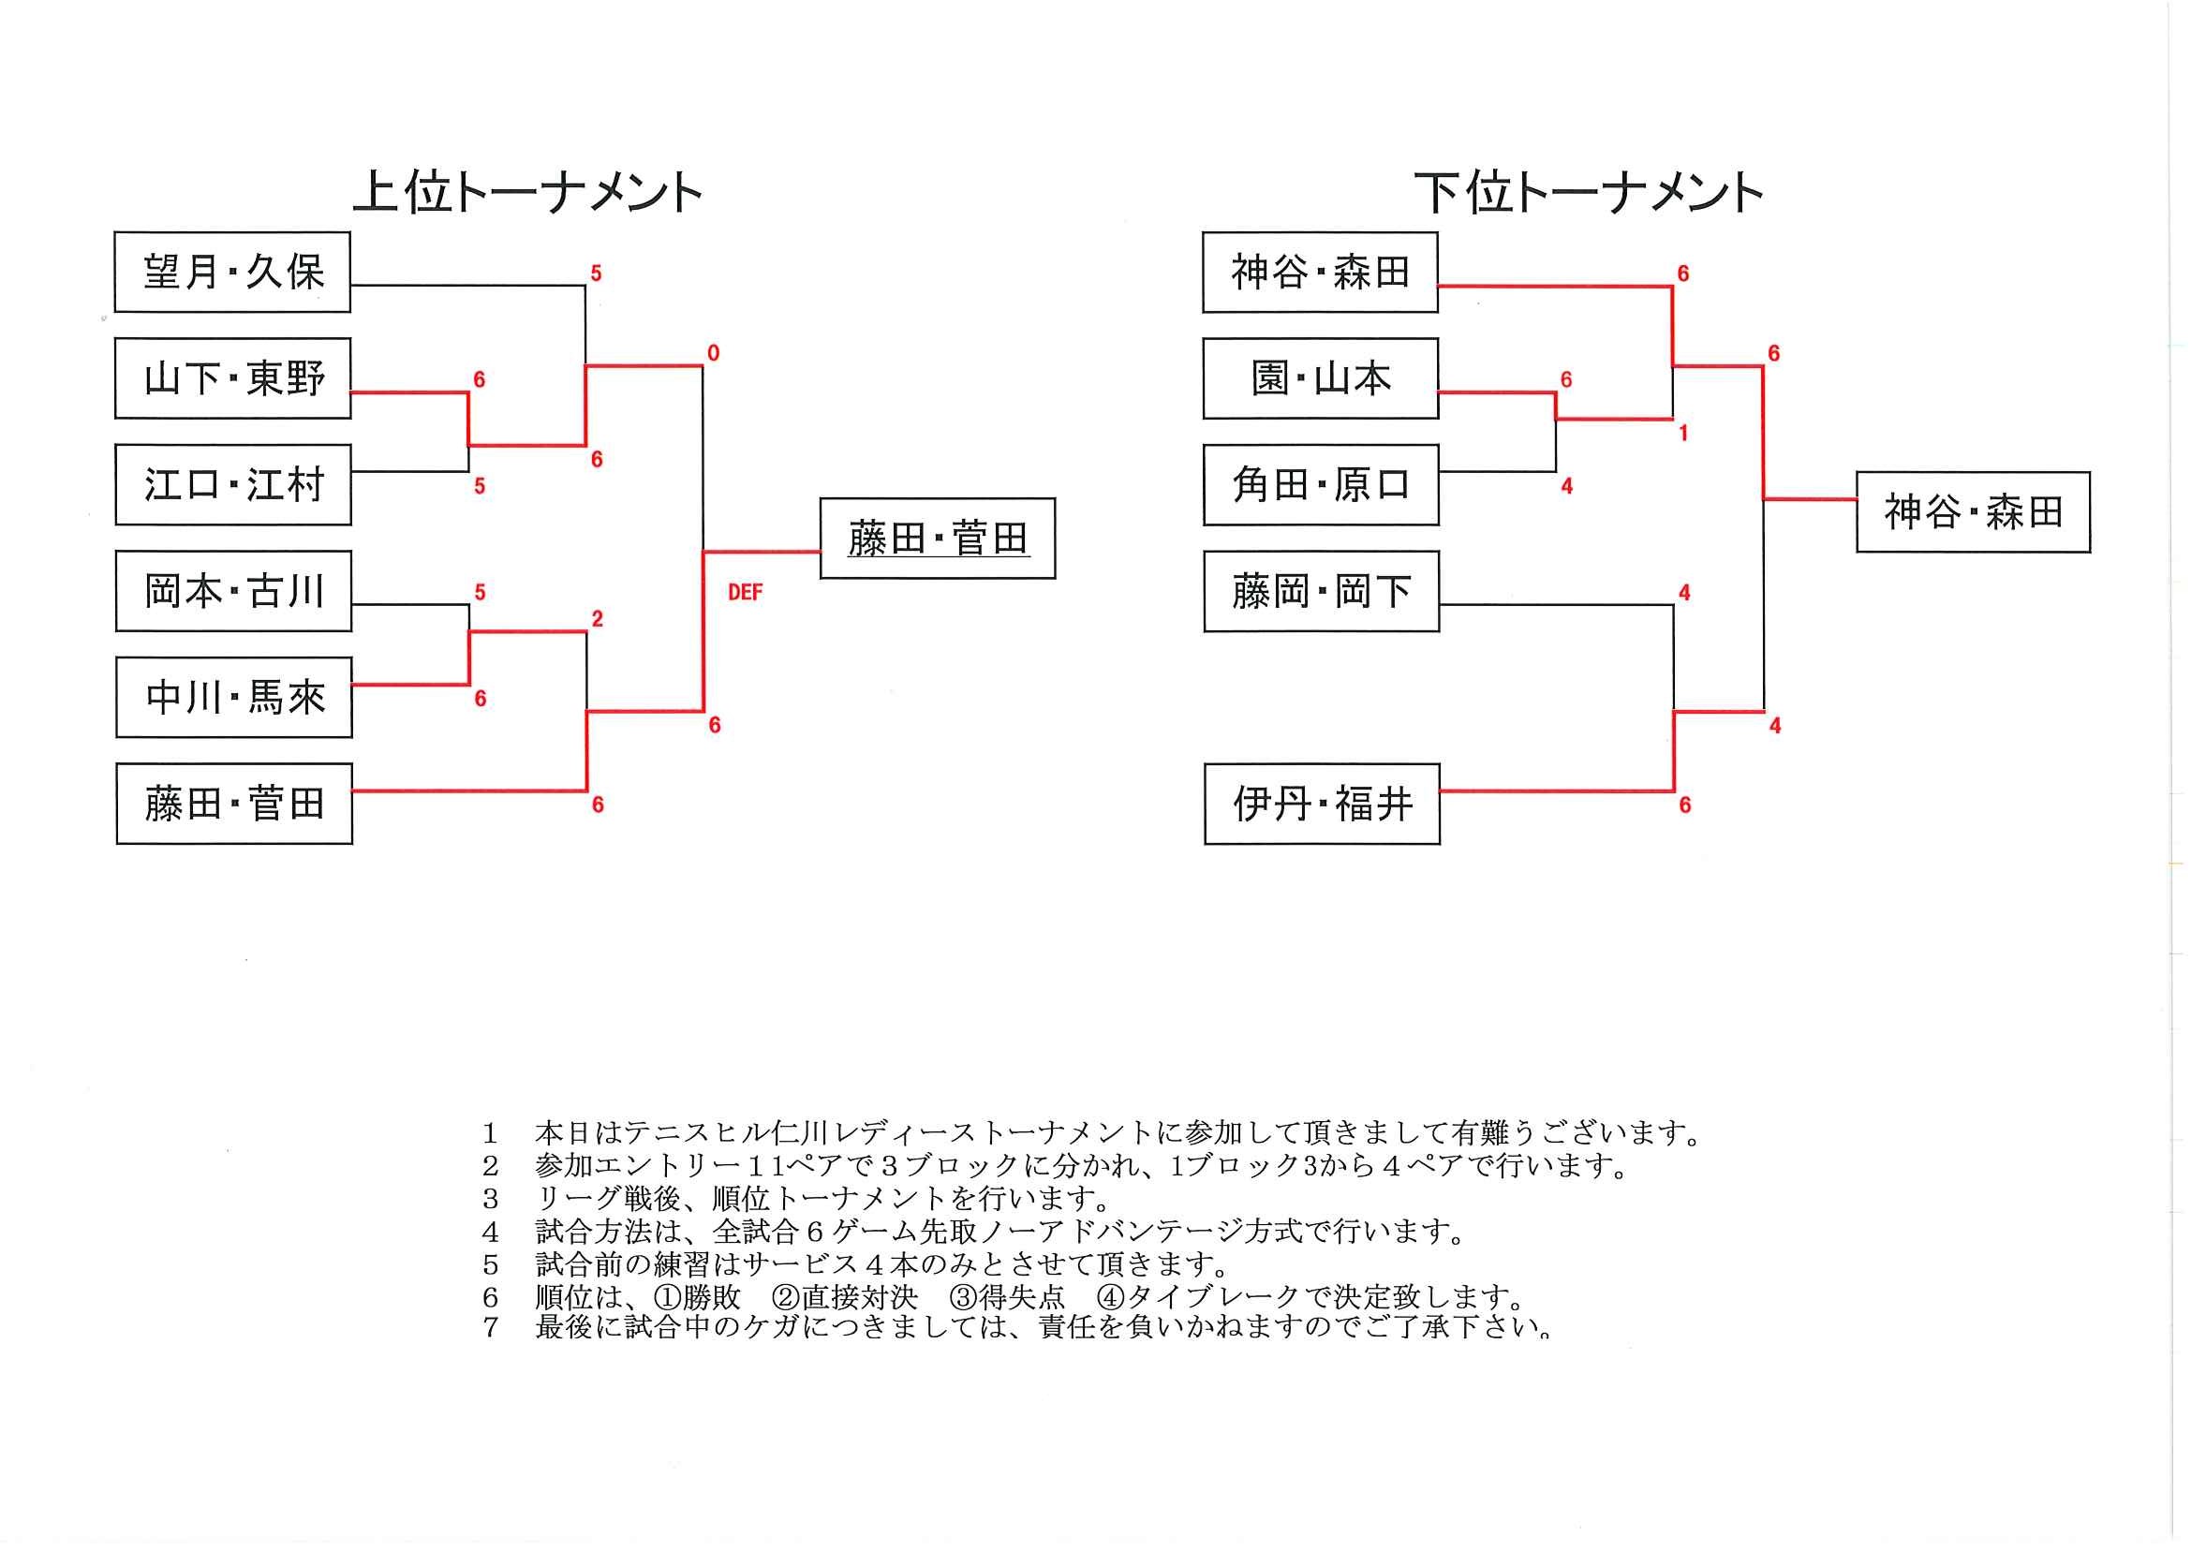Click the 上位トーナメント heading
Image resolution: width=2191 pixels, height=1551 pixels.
[528, 193]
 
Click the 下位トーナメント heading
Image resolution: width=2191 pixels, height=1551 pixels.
[1588, 193]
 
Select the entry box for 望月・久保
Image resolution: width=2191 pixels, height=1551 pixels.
[232, 273]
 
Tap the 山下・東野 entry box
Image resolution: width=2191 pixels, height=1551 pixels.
[233, 378]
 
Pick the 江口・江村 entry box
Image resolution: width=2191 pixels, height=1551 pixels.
[233, 484]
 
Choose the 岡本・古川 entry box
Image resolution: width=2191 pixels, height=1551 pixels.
[234, 591]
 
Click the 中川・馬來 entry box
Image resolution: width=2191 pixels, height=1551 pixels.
[234, 697]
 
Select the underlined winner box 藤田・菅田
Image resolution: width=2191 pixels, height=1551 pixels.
[937, 539]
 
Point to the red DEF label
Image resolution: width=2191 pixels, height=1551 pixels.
[745, 593]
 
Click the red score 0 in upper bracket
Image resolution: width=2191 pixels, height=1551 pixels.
[713, 353]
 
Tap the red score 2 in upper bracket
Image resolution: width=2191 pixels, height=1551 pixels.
[597, 619]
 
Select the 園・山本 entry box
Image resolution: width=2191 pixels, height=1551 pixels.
[1321, 378]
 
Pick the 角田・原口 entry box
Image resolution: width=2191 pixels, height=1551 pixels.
[1321, 484]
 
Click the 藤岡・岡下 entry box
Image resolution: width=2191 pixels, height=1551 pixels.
[1321, 591]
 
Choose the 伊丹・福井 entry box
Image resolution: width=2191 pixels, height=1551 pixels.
[1322, 805]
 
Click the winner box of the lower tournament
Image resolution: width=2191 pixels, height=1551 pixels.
[1974, 512]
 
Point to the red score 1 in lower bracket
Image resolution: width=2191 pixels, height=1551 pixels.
[1683, 434]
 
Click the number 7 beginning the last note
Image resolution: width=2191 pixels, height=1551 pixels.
[490, 1327]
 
